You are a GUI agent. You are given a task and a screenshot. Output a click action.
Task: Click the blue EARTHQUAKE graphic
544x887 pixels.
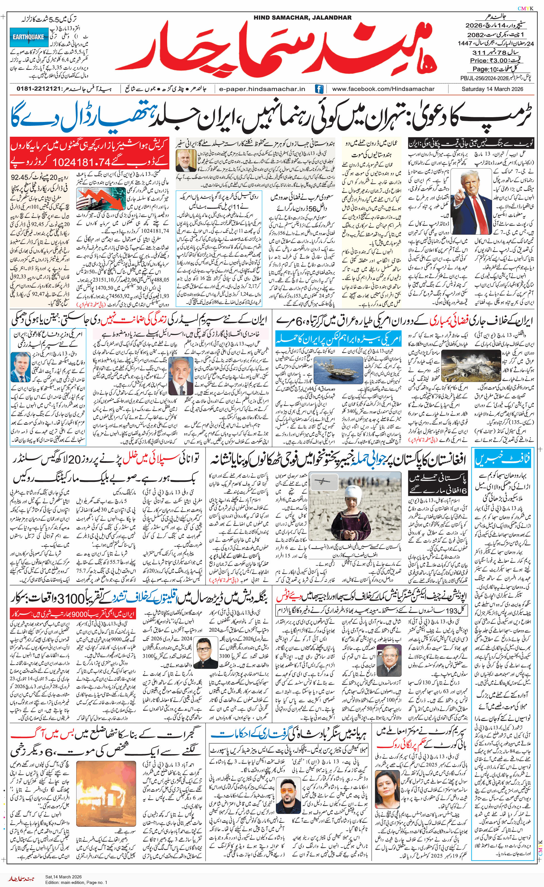[x=29, y=37]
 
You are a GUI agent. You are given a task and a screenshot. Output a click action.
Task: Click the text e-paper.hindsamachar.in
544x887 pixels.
[x=262, y=89]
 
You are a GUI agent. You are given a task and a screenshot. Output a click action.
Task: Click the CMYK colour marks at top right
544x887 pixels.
[x=526, y=9]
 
